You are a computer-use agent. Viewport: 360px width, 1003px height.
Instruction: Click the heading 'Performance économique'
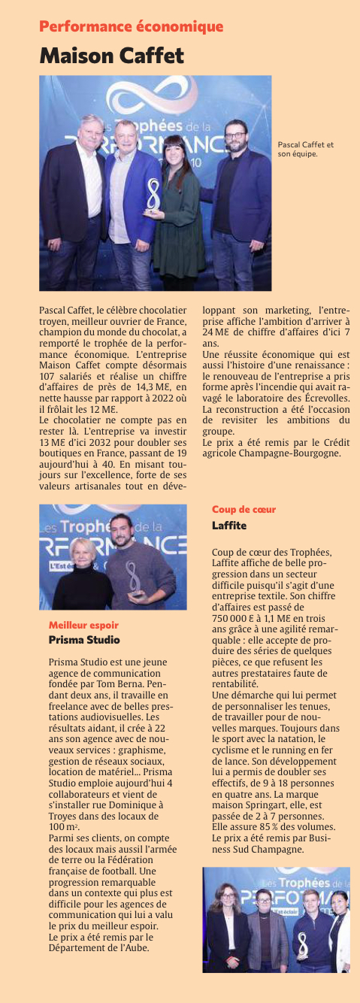pos(132,27)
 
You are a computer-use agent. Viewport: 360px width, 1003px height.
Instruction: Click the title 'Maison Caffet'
pos(112,56)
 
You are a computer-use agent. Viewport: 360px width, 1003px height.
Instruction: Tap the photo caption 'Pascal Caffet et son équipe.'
pos(306,149)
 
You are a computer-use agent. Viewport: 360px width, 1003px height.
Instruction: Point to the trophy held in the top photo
pos(154,196)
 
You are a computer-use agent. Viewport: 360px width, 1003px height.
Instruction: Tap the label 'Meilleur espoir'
pos(83,625)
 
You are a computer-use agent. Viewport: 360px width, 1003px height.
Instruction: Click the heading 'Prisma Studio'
pos(83,640)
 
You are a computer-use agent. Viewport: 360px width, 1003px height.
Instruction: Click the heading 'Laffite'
pos(228,525)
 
